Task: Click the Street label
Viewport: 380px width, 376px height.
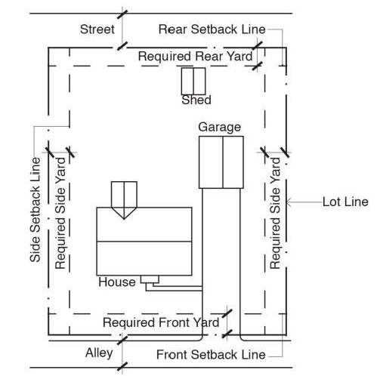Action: point(97,29)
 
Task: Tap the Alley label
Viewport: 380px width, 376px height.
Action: point(99,353)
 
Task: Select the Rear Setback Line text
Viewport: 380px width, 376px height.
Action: point(212,29)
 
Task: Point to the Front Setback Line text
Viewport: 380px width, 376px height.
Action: point(211,355)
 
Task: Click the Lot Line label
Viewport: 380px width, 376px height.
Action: point(345,202)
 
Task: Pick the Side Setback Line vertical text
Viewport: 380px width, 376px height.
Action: point(35,210)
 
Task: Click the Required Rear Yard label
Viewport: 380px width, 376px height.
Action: point(195,56)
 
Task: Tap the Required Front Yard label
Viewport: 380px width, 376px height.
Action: point(161,322)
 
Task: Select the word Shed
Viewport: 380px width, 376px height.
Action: point(196,100)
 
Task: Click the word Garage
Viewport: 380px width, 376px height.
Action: point(219,127)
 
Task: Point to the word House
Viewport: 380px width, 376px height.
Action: point(117,282)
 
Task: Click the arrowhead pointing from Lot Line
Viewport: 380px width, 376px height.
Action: point(289,202)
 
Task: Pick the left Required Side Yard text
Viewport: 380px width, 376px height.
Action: point(60,213)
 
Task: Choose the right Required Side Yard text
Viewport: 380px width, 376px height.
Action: point(275,213)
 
